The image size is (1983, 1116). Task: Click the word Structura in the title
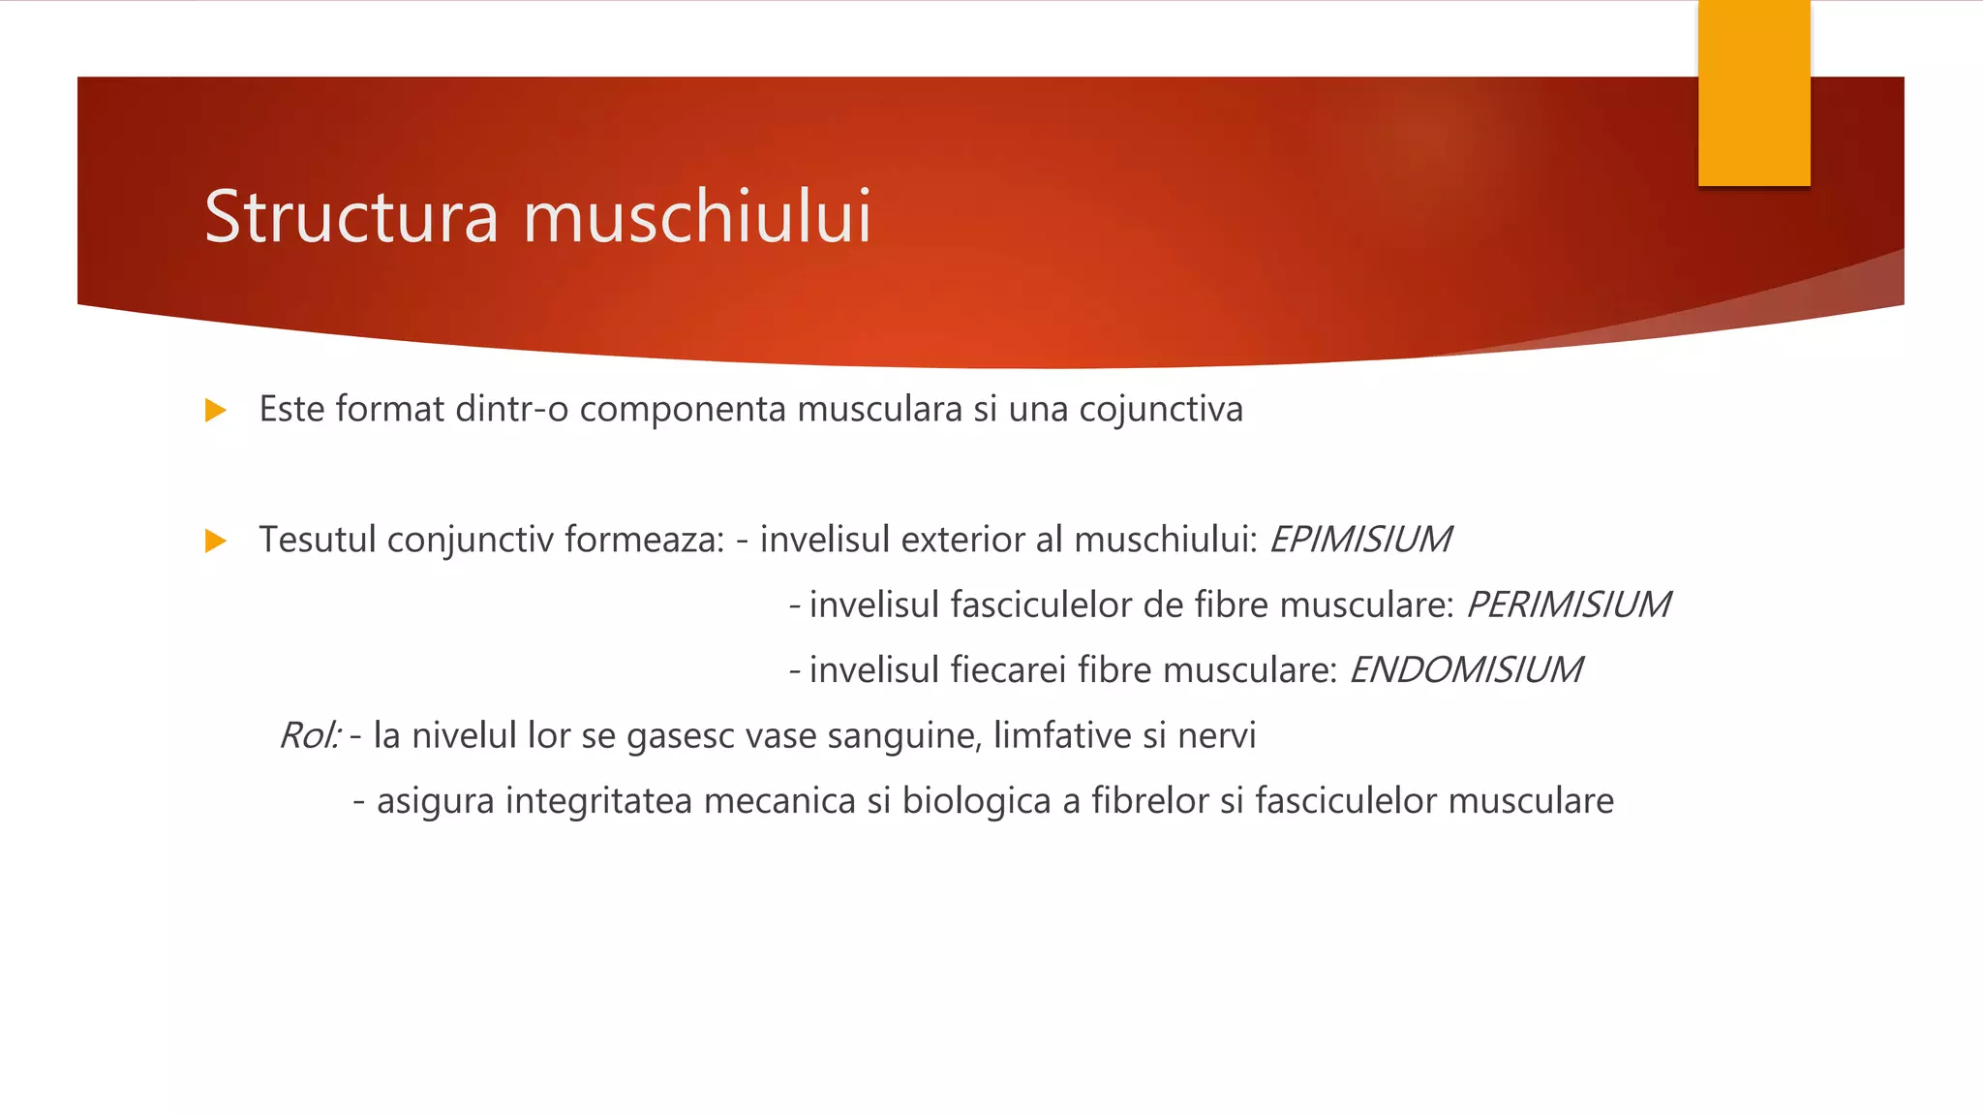tap(351, 216)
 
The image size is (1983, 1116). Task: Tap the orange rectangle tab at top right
tap(1754, 93)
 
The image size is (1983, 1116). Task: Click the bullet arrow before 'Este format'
tap(216, 411)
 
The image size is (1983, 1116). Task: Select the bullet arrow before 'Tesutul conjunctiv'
tap(216, 541)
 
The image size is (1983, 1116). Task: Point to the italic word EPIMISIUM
tap(1359, 540)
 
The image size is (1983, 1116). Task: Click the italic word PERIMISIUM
tap(1568, 604)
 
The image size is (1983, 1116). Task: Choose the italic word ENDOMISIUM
tap(1465, 669)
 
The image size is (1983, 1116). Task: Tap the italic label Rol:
tap(309, 735)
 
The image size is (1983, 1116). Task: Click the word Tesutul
tap(318, 540)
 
